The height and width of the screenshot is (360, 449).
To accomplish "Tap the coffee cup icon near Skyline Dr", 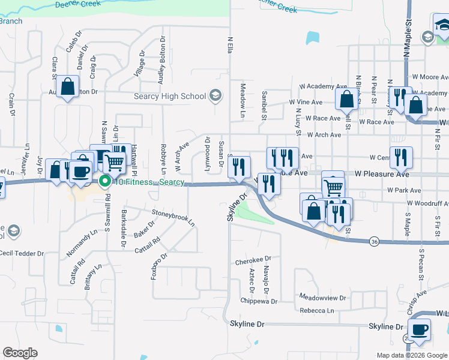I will coord(419,329).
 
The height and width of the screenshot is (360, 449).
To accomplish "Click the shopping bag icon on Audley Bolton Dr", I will coord(68,87).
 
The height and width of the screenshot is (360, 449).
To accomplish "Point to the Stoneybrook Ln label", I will coord(173,217).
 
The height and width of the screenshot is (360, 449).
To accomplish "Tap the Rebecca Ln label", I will coord(317,311).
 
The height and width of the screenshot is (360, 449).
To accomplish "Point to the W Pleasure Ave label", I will coord(382,174).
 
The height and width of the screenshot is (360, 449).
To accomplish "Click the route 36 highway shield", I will coord(375,241).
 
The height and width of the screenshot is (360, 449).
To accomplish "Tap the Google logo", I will coord(20,353).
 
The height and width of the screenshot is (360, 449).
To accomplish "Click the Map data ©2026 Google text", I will coord(411,355).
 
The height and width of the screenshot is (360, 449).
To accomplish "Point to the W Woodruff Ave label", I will coord(427,204).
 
